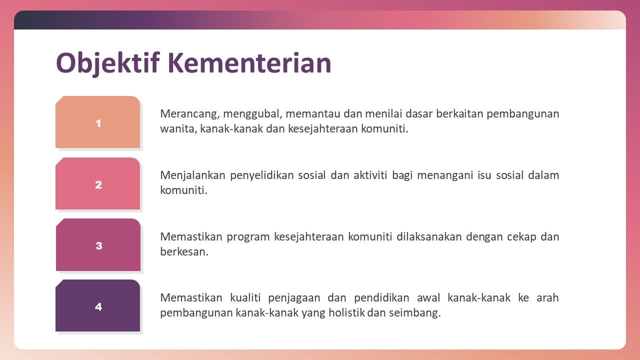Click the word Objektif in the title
(107, 63)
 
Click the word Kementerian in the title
(249, 63)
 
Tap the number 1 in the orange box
(98, 123)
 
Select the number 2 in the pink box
(98, 185)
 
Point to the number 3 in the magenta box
(99, 245)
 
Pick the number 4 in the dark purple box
(98, 307)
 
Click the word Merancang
(189, 114)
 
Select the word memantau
(313, 113)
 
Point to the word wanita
(178, 129)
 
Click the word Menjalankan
(193, 175)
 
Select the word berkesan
(184, 251)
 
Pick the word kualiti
(245, 297)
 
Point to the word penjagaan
(294, 298)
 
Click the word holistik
(346, 313)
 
